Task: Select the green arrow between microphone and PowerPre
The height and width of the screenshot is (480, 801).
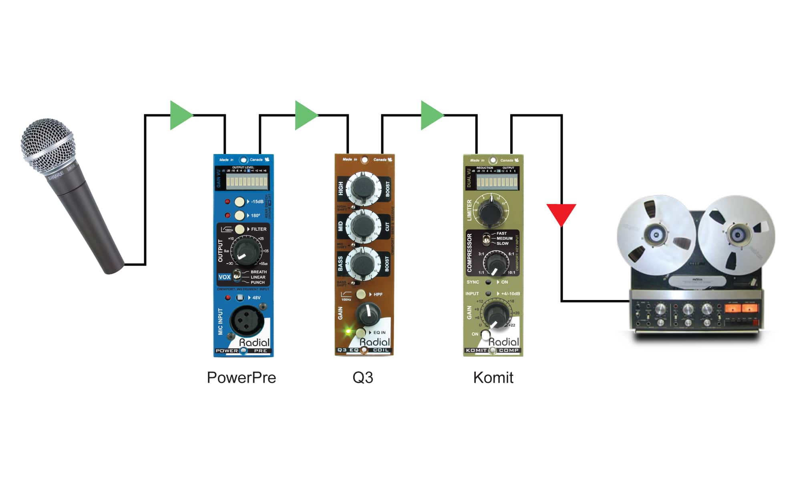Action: [x=180, y=115]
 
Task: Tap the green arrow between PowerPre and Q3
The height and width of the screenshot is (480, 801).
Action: [x=305, y=115]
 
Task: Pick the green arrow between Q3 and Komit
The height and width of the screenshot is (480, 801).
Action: [x=431, y=115]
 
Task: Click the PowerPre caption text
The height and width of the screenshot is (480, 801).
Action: [x=241, y=378]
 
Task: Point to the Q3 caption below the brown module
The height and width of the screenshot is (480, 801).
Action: [x=363, y=378]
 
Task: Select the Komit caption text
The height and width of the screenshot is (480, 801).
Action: [x=493, y=378]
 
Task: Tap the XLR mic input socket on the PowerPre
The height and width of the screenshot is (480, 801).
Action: [x=246, y=321]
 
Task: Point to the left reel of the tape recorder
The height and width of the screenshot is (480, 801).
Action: [x=656, y=235]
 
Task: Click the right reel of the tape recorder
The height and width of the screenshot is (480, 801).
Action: [x=738, y=235]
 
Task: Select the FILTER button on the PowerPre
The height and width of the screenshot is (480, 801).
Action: [x=239, y=229]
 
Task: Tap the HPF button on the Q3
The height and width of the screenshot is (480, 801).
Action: [x=361, y=294]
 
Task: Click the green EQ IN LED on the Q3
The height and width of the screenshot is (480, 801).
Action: [x=348, y=332]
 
